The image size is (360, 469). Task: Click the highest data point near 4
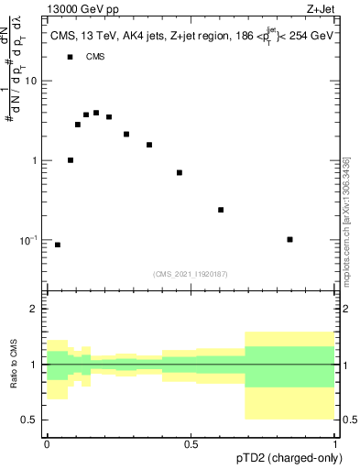(x=96, y=113)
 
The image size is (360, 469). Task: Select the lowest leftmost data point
(x=58, y=245)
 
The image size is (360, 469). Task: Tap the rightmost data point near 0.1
(x=289, y=239)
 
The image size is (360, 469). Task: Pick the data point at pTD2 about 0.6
(x=221, y=210)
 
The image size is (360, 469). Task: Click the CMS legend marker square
(x=70, y=57)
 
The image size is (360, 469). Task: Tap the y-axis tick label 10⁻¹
(x=29, y=240)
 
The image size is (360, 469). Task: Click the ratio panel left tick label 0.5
(x=30, y=420)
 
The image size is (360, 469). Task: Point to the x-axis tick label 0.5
(x=191, y=443)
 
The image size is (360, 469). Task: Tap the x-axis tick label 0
(x=47, y=443)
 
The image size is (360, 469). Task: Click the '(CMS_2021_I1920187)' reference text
(x=190, y=274)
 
